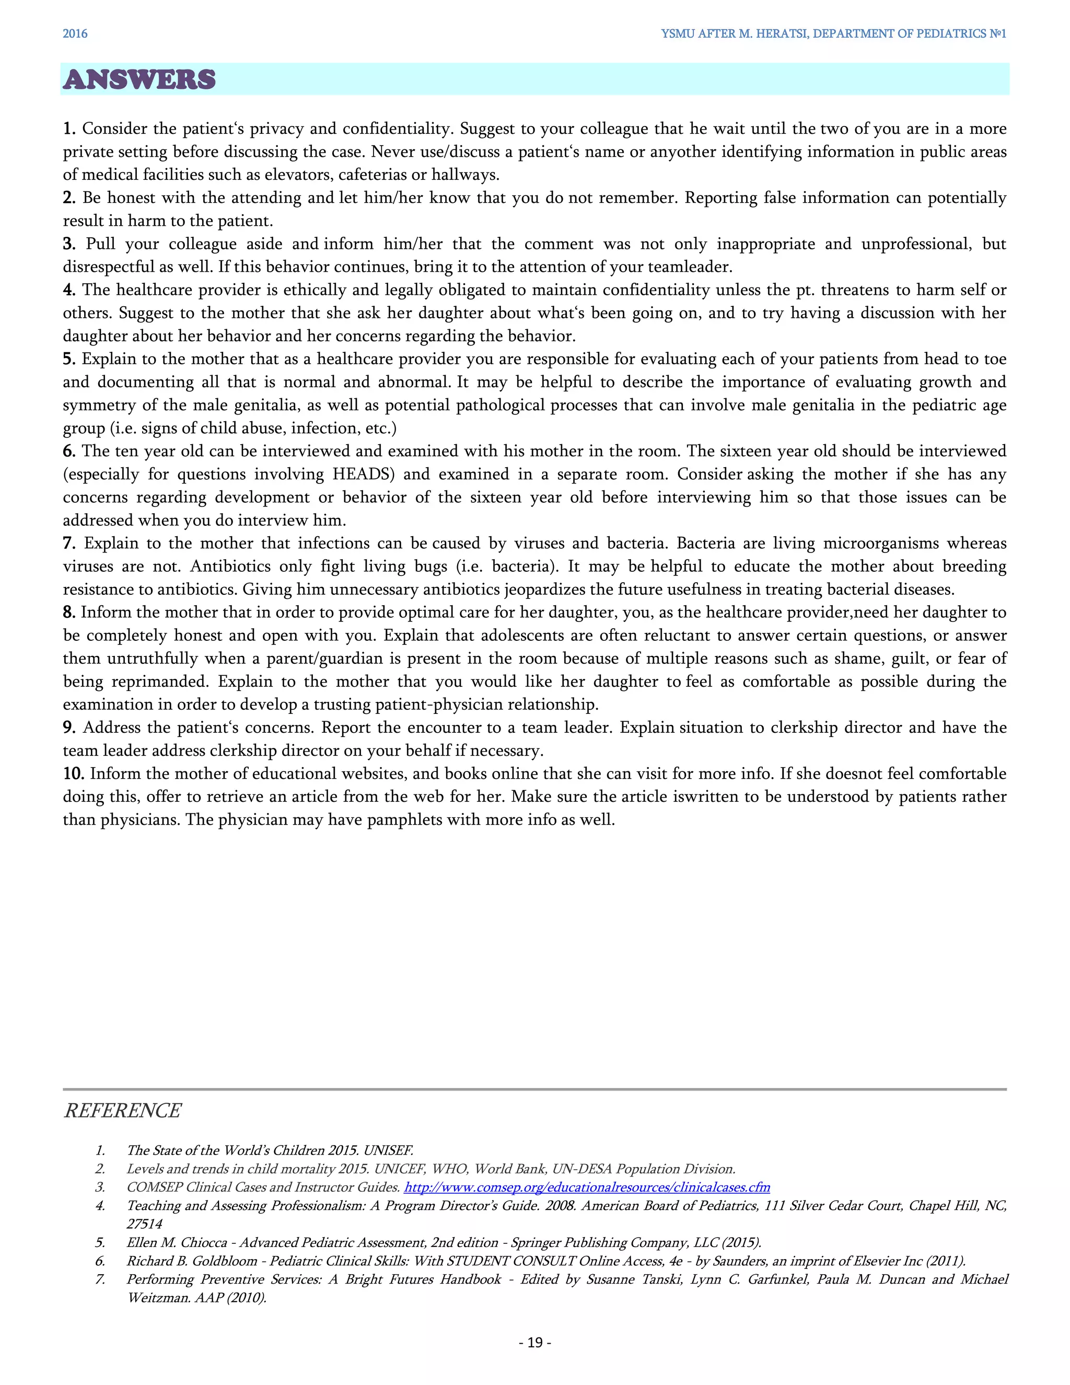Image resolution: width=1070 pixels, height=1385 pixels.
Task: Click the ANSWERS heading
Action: (139, 80)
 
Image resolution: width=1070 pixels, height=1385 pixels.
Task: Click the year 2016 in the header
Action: (75, 33)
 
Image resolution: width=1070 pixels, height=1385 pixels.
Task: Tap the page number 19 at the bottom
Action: (535, 1342)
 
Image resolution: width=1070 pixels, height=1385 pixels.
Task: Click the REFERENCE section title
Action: (122, 1111)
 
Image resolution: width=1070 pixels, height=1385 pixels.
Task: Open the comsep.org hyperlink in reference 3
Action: (586, 1187)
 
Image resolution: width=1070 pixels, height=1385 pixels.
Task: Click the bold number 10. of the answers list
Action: (74, 774)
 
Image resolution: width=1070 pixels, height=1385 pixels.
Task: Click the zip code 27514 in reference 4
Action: (145, 1224)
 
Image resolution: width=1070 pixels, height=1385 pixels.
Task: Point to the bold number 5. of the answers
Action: (69, 359)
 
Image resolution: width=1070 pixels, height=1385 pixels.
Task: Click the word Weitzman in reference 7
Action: (155, 1298)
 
